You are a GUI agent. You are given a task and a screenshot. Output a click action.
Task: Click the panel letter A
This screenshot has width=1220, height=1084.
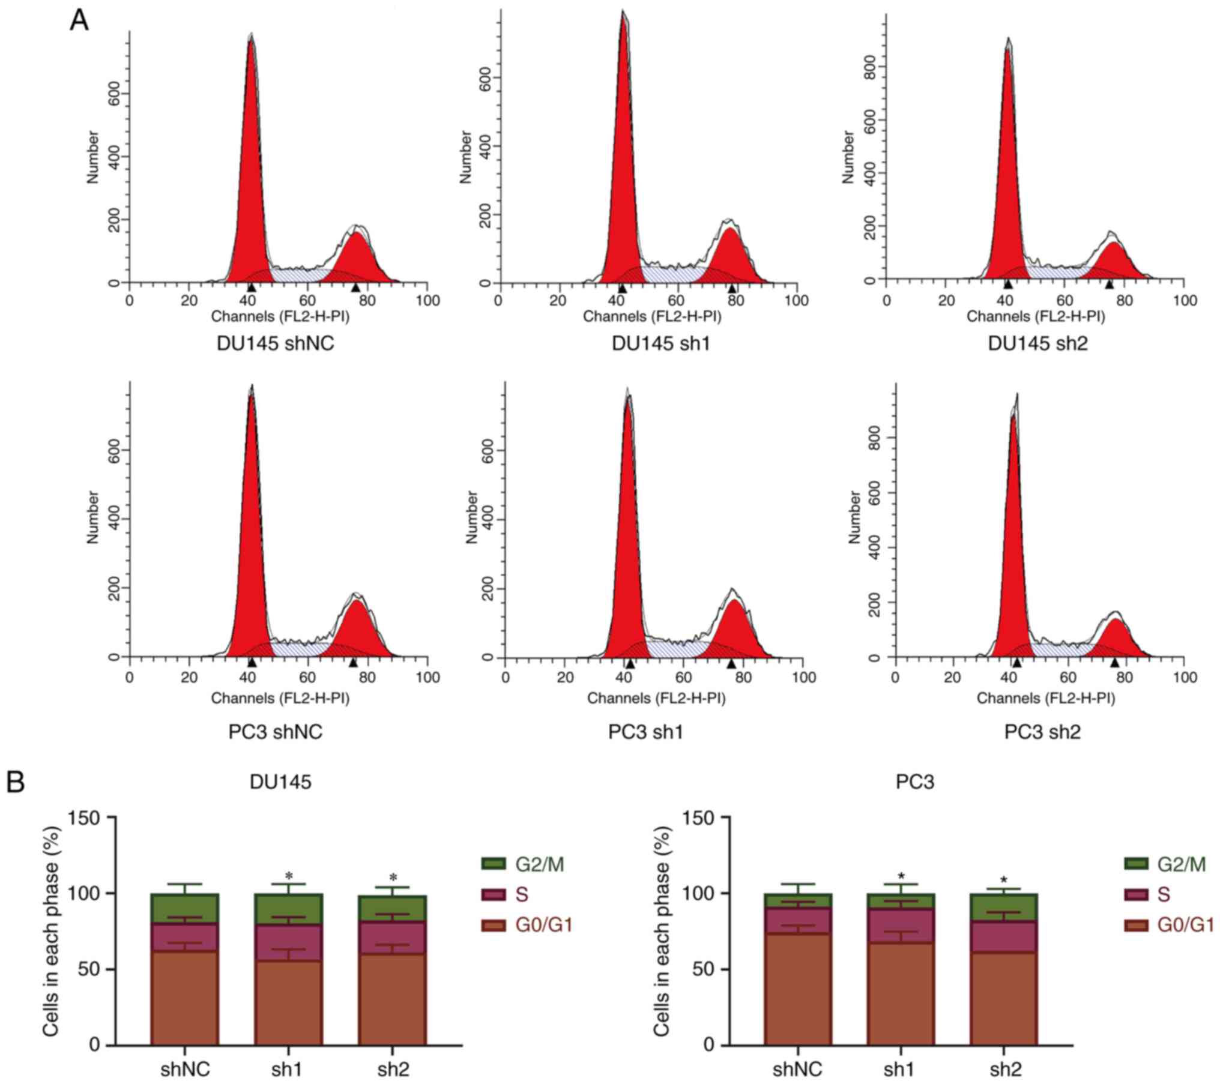tap(79, 21)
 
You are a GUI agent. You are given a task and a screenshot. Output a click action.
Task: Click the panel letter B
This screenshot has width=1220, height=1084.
tap(16, 782)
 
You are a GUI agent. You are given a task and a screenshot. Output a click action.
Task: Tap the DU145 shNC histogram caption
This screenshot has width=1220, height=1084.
tap(276, 343)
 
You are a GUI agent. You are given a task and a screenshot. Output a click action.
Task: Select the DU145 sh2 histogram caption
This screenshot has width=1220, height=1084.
tap(1037, 343)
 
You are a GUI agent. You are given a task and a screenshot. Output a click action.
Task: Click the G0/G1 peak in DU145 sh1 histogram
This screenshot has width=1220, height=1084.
tap(624, 150)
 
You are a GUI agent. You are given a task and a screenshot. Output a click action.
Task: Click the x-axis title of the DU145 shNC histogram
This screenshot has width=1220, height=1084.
tap(280, 316)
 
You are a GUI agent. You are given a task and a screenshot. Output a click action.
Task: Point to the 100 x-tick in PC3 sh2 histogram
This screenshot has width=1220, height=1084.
tap(1185, 678)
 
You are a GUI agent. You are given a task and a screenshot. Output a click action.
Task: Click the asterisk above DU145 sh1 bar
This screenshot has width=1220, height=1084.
tap(289, 876)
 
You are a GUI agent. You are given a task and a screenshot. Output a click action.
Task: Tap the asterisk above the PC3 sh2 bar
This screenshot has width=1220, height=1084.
tap(1003, 881)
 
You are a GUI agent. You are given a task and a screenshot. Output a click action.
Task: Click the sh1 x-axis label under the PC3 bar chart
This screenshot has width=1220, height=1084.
tap(900, 1069)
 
